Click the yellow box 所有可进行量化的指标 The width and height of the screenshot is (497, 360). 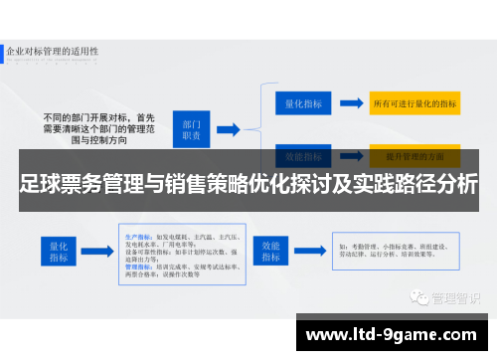(414, 102)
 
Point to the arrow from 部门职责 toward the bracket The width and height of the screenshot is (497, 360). (228, 130)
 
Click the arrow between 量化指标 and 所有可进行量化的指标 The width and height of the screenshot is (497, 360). (350, 102)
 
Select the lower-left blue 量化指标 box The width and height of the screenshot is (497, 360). (57, 251)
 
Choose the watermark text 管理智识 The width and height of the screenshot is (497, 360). (453, 270)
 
